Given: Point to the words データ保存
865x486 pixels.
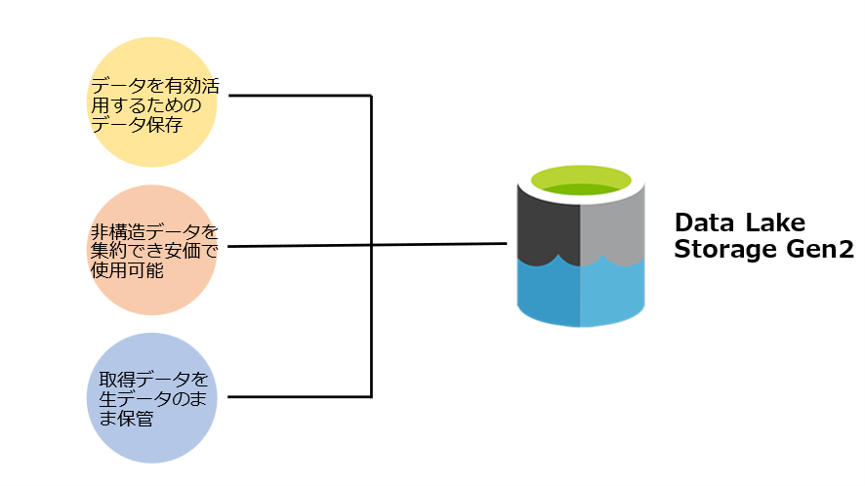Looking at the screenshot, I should [x=137, y=125].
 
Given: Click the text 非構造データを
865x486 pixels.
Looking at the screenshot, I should [x=152, y=232].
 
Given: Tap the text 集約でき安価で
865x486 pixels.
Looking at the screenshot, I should [x=152, y=251].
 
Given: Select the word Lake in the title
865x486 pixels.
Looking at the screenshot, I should [x=775, y=220].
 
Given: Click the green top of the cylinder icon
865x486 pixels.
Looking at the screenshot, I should [x=581, y=182].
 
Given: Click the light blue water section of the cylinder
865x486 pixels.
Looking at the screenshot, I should [x=613, y=293].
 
